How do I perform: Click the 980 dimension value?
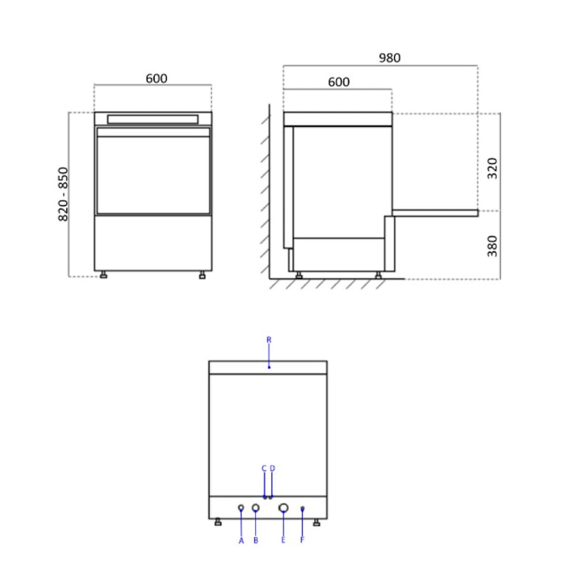[x=390, y=58]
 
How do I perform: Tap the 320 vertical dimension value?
[x=492, y=168]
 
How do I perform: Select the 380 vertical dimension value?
[x=492, y=245]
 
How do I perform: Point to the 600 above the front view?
[x=157, y=78]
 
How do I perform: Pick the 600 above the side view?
[x=338, y=82]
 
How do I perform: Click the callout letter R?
[x=269, y=340]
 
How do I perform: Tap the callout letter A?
[x=241, y=541]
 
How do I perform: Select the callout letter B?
[x=256, y=541]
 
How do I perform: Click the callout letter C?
[x=264, y=468]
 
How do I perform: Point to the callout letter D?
[x=272, y=468]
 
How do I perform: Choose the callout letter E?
[x=283, y=541]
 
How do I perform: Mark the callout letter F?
[x=302, y=541]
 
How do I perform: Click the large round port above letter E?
[x=283, y=508]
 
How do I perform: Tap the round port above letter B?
[x=256, y=508]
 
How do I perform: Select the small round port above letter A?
[x=241, y=508]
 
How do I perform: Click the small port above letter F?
[x=302, y=508]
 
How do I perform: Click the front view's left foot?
[x=104, y=275]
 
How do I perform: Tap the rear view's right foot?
[x=316, y=523]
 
